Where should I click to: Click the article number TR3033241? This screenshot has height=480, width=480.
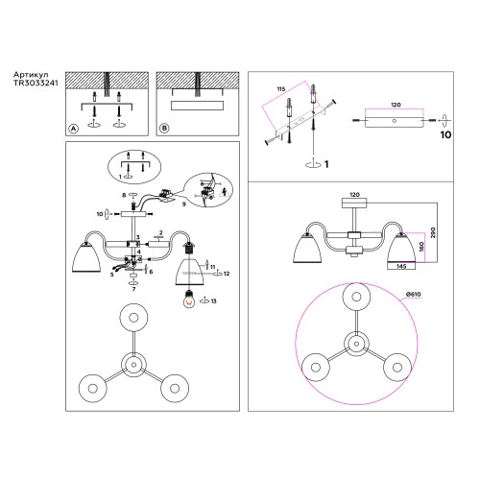click(37, 84)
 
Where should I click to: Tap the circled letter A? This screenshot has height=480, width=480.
click(72, 129)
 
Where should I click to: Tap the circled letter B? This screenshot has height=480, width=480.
click(163, 129)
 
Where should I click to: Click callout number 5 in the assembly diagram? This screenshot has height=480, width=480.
click(111, 275)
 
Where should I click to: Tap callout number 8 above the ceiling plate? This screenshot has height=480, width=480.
click(123, 196)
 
